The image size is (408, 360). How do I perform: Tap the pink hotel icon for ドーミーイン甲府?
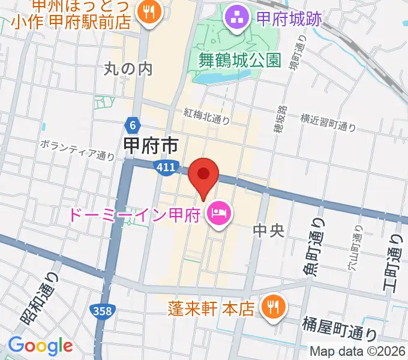217,214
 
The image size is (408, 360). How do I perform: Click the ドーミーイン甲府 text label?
134,214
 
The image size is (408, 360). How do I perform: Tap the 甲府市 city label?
150,145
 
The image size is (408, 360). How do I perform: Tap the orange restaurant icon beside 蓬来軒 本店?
274,308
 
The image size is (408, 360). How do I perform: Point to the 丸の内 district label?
128,69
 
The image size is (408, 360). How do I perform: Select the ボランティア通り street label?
77,150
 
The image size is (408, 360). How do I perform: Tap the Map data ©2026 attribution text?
357,352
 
